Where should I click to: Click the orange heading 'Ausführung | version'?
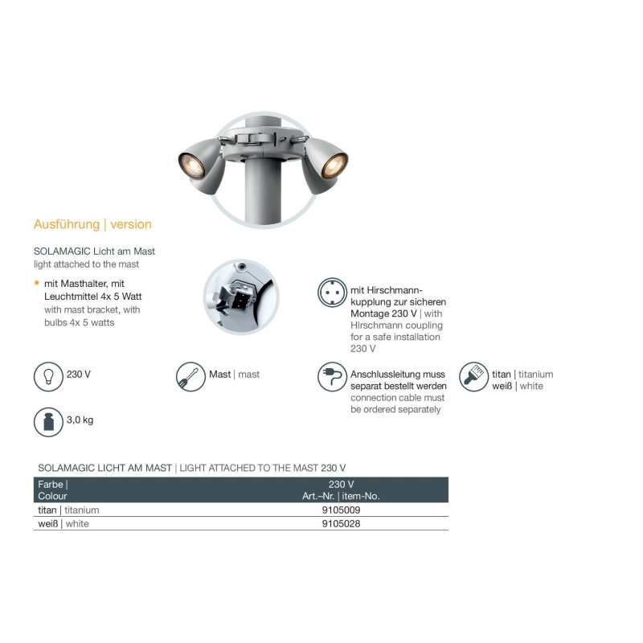[x=92, y=224]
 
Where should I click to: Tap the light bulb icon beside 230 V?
[x=48, y=376]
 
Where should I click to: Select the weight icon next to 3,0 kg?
[x=48, y=422]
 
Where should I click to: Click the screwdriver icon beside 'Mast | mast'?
[x=190, y=376]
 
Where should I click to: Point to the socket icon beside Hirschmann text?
[x=332, y=293]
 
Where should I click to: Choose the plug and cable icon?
[x=332, y=376]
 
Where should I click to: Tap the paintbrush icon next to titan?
[x=473, y=376]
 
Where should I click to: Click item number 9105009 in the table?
[x=341, y=510]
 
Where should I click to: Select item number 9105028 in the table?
[x=341, y=524]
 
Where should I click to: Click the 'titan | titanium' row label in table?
[x=68, y=510]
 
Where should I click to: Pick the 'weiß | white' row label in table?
[x=63, y=524]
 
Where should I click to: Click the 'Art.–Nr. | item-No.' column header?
[x=341, y=496]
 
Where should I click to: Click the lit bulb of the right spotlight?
[x=334, y=166]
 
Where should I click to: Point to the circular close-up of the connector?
[x=241, y=297]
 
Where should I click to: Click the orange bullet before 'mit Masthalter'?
[x=37, y=283]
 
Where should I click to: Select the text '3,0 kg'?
[x=80, y=420]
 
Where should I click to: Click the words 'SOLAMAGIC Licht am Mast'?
[x=94, y=252]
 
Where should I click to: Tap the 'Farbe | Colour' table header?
[x=53, y=490]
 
